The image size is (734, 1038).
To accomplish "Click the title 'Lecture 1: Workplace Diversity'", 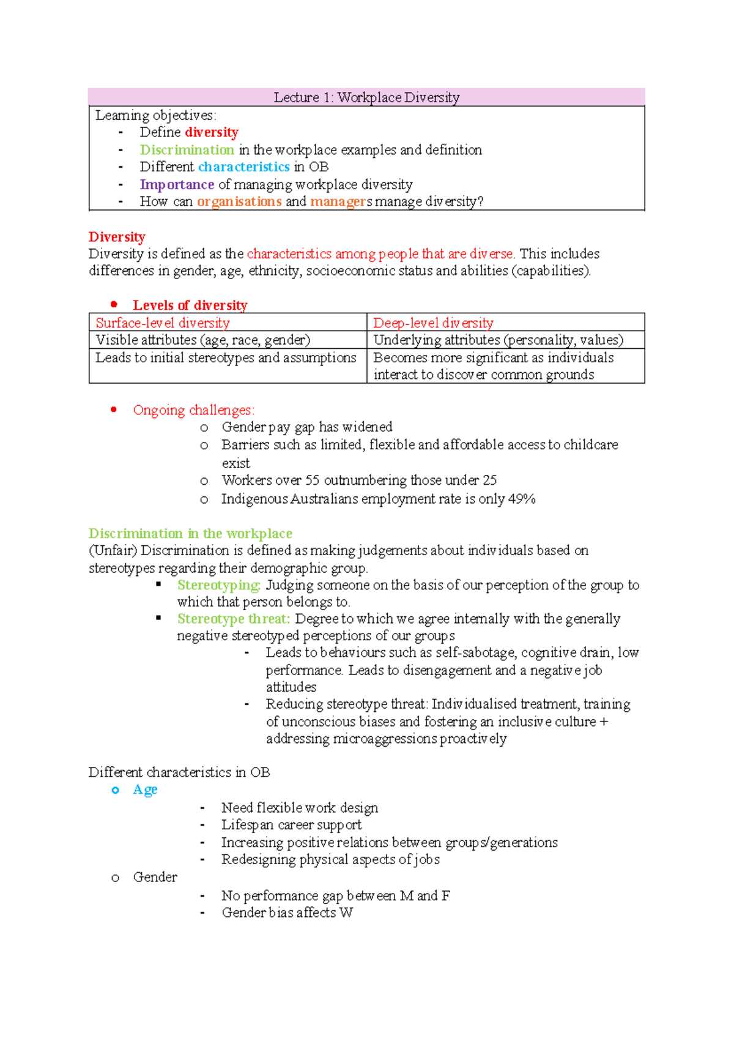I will pos(366,97).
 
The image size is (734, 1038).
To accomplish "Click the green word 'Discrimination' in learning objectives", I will pos(187,150).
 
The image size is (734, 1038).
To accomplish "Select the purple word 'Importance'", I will pos(177,184).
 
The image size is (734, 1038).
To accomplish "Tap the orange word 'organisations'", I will pos(239,201).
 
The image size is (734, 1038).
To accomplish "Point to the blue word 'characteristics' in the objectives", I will pos(243,166).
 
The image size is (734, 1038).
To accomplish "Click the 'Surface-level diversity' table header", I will pos(163,323).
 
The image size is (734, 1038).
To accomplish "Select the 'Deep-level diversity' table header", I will pos(433,323).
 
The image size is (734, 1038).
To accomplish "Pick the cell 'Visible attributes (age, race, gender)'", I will pos(203,340).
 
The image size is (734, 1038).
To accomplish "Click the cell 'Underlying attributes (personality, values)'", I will pos(498,340).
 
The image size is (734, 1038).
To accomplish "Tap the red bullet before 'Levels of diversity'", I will pos(114,304).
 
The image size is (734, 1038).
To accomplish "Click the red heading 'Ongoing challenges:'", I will pos(194,410).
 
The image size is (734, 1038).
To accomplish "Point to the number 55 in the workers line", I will pos(313,480).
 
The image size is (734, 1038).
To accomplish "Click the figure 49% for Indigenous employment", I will pos(522,499).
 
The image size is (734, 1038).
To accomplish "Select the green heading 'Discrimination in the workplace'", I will pos(190,533).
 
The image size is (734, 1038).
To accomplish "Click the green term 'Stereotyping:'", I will pos(219,585).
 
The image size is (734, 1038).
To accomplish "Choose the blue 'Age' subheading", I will pos(145,790).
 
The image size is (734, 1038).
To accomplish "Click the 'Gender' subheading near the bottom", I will pos(155,877).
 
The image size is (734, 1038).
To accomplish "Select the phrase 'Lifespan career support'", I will pos(291,825).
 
